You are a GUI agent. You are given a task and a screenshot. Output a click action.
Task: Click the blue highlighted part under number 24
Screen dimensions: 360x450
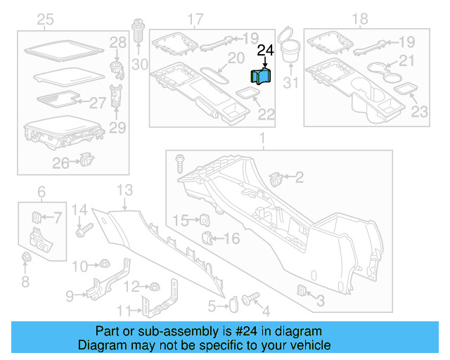tap(262, 77)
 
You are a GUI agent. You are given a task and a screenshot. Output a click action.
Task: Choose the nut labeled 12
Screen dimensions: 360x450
tap(152, 286)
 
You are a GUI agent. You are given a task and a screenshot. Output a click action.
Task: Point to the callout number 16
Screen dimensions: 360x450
tap(232, 238)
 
